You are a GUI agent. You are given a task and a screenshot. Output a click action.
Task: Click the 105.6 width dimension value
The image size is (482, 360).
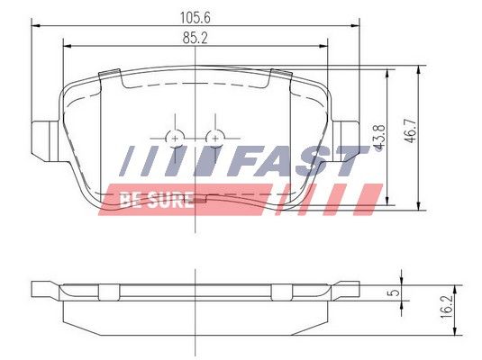coord(196,17)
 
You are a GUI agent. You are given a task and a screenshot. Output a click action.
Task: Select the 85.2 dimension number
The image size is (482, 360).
coord(196,38)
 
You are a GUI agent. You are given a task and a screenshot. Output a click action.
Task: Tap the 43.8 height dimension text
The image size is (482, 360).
coord(379,138)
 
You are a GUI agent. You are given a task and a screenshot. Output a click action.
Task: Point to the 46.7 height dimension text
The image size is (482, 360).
coord(411,130)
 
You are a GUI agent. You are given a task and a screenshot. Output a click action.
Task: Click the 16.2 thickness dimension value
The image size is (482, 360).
coord(446,307)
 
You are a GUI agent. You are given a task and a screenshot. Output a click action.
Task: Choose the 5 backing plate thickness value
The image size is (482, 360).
coord(394,292)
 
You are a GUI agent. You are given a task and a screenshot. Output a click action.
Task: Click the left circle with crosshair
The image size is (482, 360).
coord(175,139)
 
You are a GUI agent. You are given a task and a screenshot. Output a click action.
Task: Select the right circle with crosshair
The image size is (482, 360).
coord(215,139)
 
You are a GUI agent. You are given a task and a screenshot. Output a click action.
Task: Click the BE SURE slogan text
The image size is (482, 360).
coord(157,200)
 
